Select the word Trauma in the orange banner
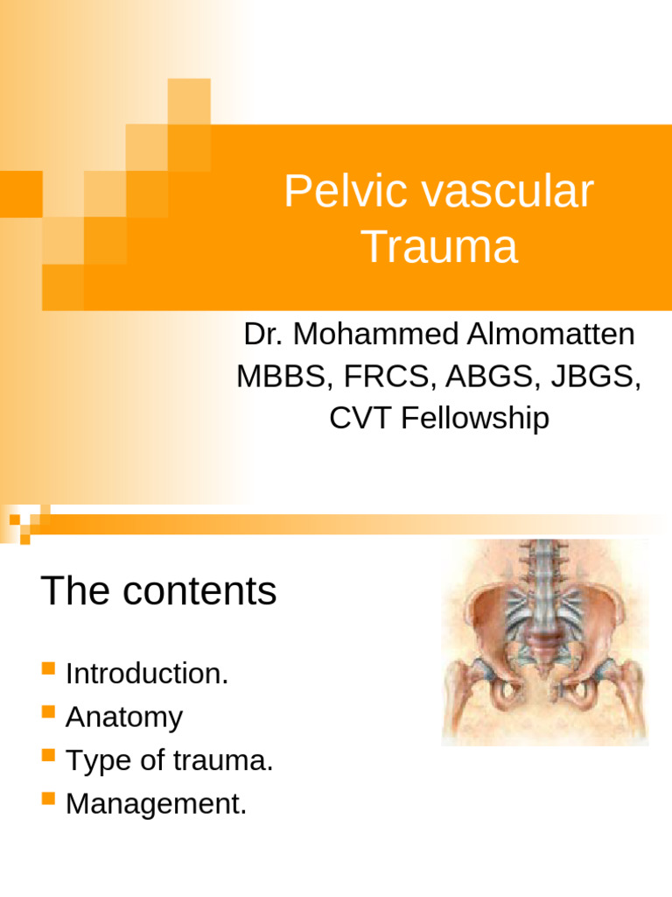tap(440, 247)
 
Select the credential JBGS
tap(591, 377)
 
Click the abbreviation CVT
tap(361, 419)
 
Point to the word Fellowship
tap(476, 419)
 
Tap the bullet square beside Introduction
tap(48, 672)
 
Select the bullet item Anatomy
tap(124, 717)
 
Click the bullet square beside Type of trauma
tap(48, 754)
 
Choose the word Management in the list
tap(153, 803)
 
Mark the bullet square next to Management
tap(48, 799)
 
